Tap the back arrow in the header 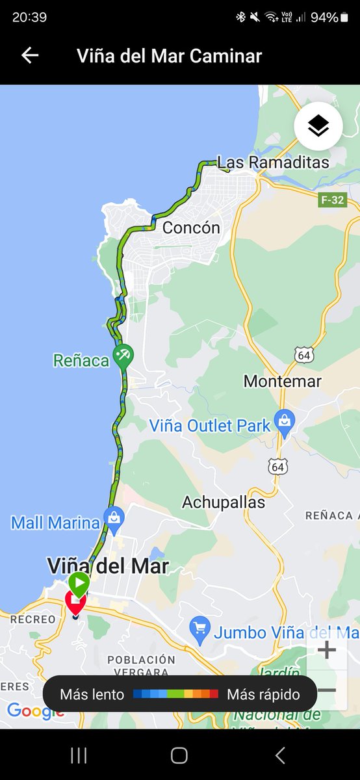tap(30, 55)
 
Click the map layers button tap(318, 127)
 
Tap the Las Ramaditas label tap(273, 162)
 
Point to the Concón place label tap(191, 227)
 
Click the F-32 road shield tap(331, 200)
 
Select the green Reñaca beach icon tap(122, 355)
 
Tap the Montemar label tap(283, 381)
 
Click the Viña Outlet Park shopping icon tap(284, 421)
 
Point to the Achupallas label tap(224, 502)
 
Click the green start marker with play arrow tap(79, 583)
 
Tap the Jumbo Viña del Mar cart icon tap(199, 628)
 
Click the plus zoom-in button tap(326, 649)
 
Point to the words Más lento tap(92, 694)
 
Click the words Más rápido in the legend tap(263, 694)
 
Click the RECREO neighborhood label tap(32, 619)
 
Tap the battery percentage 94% tap(324, 18)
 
